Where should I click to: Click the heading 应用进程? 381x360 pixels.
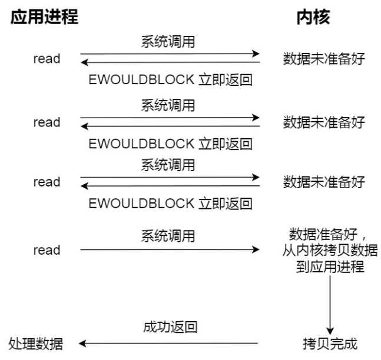[44, 16]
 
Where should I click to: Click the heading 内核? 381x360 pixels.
[313, 16]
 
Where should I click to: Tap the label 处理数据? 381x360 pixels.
[36, 344]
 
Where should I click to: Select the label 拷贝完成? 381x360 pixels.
[330, 344]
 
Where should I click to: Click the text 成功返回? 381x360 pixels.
[170, 326]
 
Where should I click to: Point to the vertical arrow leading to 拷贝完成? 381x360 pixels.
[330, 305]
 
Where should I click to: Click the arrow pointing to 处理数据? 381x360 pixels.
[168, 344]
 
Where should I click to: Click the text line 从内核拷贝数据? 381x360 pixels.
[330, 250]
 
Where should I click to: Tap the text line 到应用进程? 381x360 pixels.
[330, 266]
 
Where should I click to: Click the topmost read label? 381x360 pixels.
[47, 59]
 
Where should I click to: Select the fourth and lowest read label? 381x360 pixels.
[47, 250]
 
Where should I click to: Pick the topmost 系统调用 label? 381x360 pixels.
[168, 42]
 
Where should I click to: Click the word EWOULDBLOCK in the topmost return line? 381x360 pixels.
[141, 79]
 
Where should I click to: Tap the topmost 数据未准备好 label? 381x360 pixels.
[324, 59]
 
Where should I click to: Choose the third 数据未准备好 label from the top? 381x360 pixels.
[324, 182]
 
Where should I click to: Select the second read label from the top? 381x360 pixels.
[47, 122]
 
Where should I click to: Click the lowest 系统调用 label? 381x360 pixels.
[168, 236]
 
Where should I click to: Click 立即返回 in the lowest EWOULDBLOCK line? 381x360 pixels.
[226, 204]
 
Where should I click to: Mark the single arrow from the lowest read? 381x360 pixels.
[170, 249]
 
